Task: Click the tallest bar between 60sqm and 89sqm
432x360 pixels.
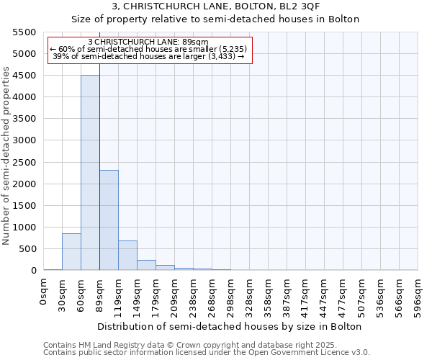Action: pos(90,173)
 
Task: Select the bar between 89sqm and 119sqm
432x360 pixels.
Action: pos(109,220)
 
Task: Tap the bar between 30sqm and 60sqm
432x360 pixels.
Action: pos(71,252)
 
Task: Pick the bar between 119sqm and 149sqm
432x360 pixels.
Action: pos(127,256)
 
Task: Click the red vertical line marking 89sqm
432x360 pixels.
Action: pos(99,144)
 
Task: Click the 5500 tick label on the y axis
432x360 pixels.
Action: pos(24,32)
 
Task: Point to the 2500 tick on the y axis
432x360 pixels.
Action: pos(24,162)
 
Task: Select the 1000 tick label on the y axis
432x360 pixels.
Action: pos(24,228)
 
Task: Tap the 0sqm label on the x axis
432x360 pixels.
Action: pos(44,292)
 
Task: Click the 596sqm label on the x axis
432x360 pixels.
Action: pos(418,296)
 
